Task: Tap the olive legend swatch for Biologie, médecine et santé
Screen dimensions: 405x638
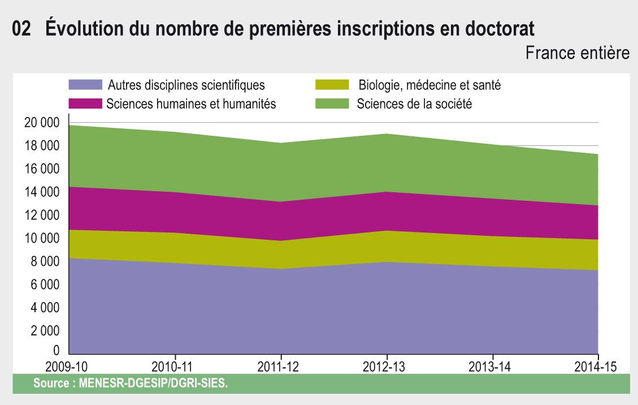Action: (331, 85)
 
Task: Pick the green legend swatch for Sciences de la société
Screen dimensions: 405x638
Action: (331, 104)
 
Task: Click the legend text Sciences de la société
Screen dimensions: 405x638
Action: (414, 104)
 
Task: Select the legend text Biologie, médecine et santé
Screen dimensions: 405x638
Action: (429, 86)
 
